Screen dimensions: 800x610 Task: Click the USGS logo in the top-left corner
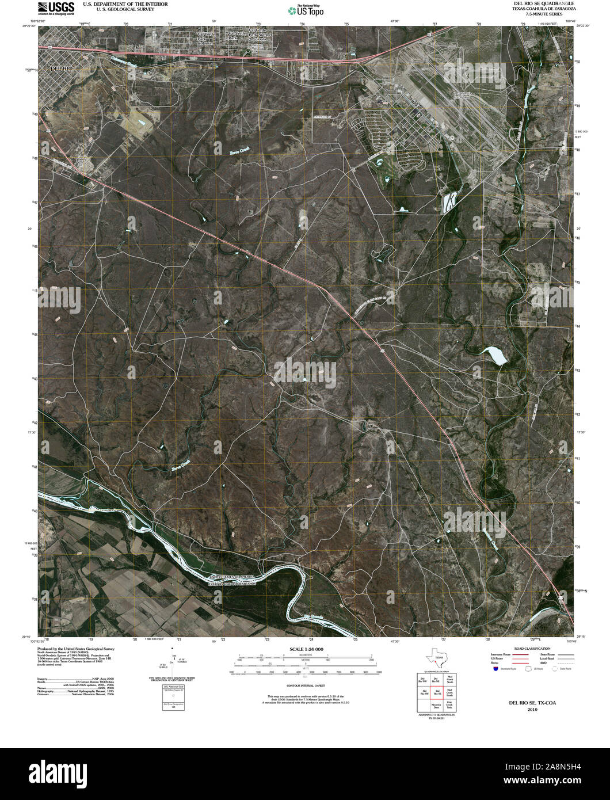pyautogui.click(x=56, y=8)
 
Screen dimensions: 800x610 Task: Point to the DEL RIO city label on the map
pyautogui.click(x=62, y=68)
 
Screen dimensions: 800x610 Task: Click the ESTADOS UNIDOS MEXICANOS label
pyautogui.click(x=232, y=582)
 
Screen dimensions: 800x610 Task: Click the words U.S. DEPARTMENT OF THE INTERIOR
pyautogui.click(x=125, y=4)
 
